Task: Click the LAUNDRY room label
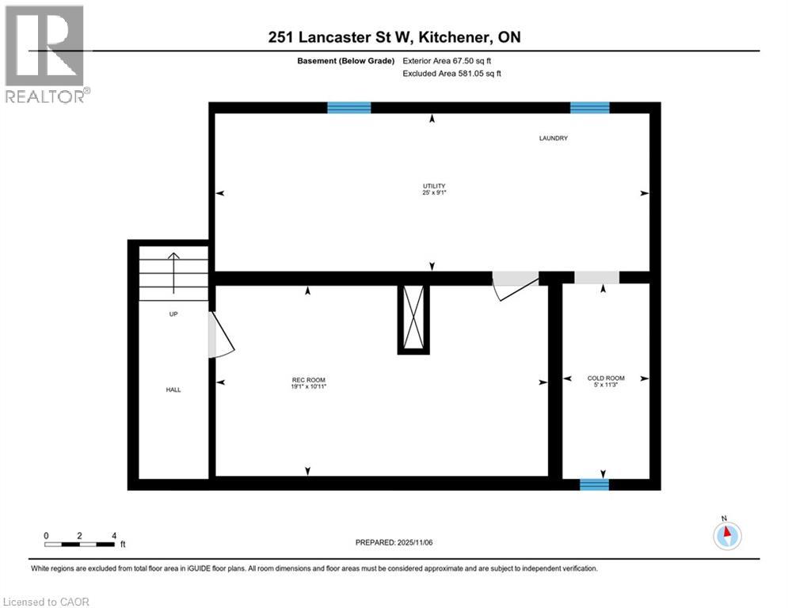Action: click(x=554, y=139)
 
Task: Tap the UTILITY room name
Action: click(x=428, y=186)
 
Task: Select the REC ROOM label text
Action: click(x=309, y=380)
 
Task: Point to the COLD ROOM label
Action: click(x=606, y=378)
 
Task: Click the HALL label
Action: click(x=173, y=389)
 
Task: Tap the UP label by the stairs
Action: click(x=173, y=314)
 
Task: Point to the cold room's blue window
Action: click(x=594, y=484)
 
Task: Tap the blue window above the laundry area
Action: click(x=590, y=108)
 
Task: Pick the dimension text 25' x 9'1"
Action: click(x=428, y=194)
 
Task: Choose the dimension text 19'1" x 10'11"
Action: click(x=309, y=387)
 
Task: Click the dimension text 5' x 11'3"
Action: click(x=606, y=386)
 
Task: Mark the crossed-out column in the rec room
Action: click(x=412, y=319)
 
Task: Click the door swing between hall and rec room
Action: click(x=219, y=334)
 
